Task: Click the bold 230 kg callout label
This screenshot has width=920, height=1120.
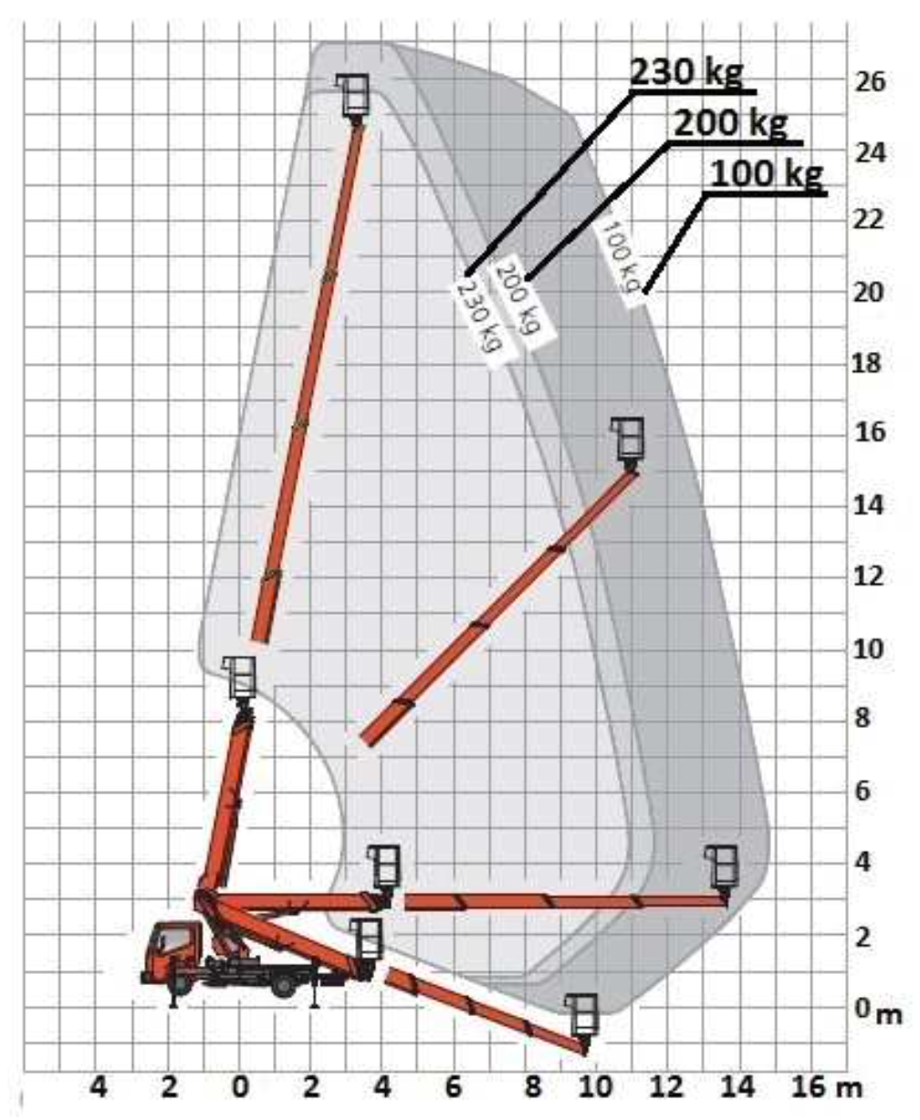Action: [x=686, y=72]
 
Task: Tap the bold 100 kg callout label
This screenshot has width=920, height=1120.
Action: [x=767, y=174]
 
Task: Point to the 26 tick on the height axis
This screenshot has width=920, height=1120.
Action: [x=870, y=82]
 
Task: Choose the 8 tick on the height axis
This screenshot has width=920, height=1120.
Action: [x=862, y=718]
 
